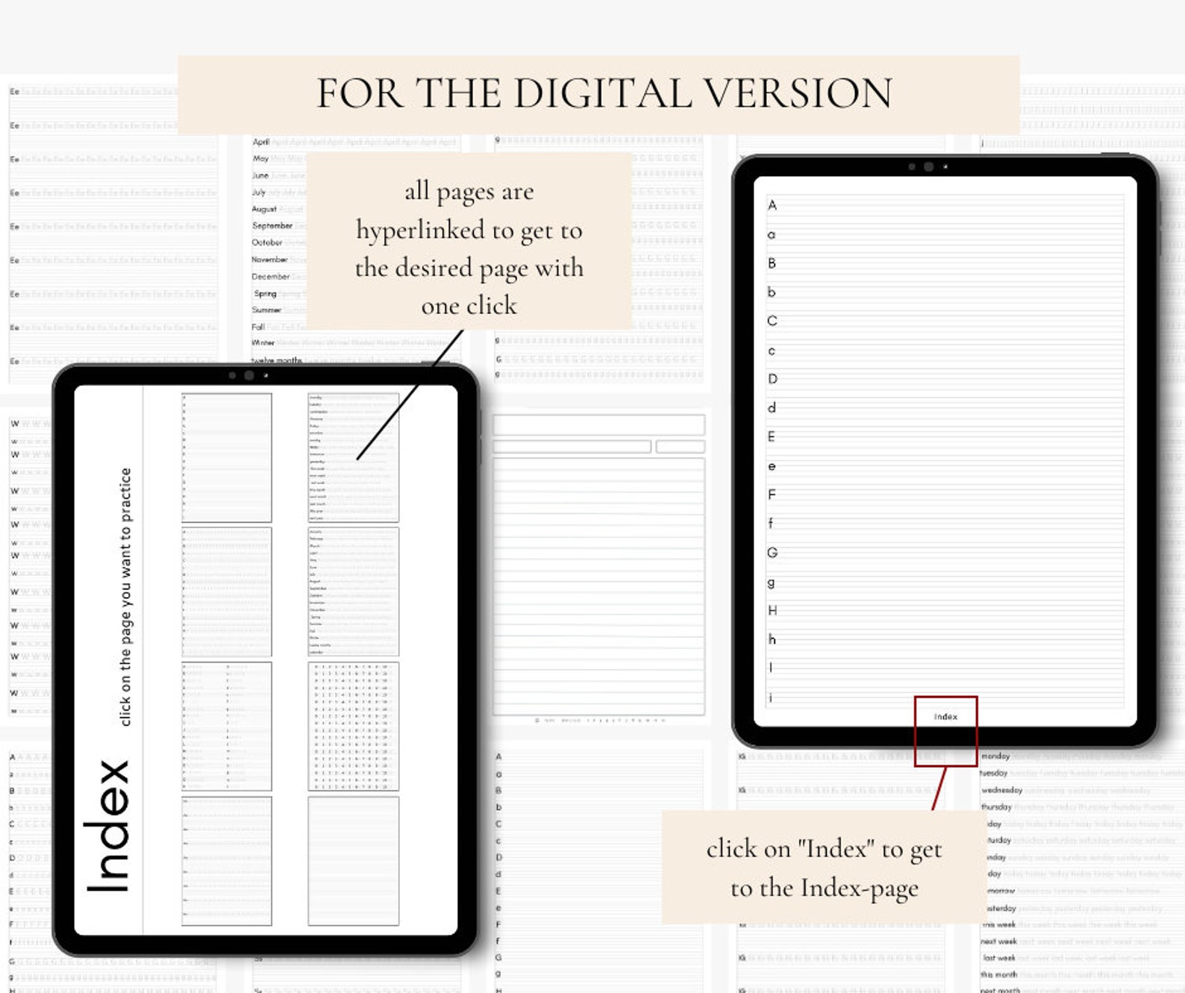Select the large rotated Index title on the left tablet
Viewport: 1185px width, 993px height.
(109, 826)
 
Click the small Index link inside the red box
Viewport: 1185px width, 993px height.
(945, 717)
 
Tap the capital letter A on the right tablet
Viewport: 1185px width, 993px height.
(772, 205)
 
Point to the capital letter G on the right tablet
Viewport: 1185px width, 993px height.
(772, 553)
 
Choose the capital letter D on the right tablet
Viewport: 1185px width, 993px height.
(772, 379)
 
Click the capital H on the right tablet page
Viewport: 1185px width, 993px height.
(772, 610)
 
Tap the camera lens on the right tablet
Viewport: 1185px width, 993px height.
(928, 167)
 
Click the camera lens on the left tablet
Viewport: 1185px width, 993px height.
(249, 376)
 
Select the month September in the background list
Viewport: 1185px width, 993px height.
(272, 225)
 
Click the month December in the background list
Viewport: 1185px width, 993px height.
(270, 276)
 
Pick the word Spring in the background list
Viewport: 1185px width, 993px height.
(265, 293)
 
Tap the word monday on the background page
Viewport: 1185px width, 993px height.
(995, 756)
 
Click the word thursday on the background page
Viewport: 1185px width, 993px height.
(996, 806)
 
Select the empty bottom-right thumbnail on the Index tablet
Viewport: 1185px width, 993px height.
(353, 861)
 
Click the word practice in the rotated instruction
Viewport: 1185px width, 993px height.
(125, 495)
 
